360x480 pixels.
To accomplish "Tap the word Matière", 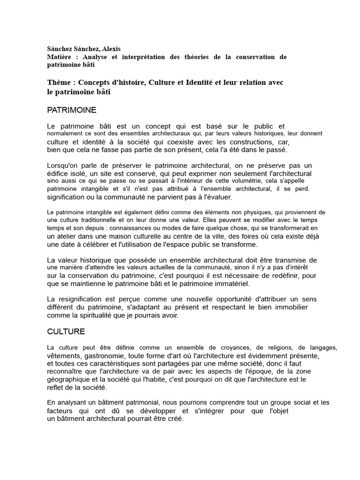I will coord(59,57).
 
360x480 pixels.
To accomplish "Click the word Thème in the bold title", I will coord(60,82).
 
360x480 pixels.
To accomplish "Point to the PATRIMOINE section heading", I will coord(72,110).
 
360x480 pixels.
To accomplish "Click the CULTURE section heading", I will coord(66,331).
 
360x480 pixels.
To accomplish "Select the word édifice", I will coord(59,173).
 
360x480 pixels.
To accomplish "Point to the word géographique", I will coord(67,380).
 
